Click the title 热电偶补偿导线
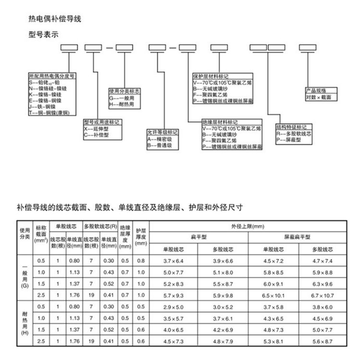tap(56, 20)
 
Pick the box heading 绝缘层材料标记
tap(219, 123)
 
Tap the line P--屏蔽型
tap(288, 140)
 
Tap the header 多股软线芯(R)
tap(100, 226)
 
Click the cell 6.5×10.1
tap(273, 295)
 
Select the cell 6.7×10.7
tap(322, 295)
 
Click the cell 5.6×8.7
tap(322, 341)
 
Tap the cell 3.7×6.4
tap(174, 261)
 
